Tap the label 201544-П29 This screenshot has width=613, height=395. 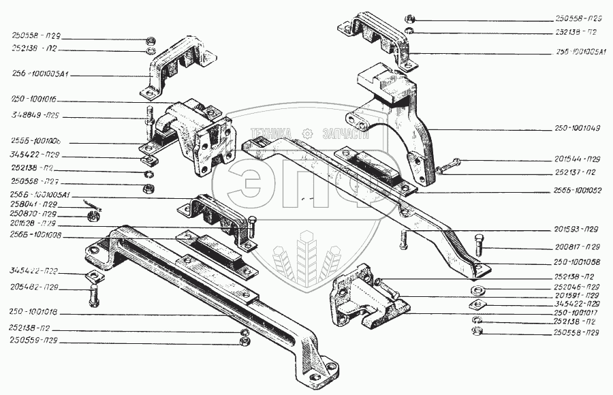pyautogui.click(x=576, y=159)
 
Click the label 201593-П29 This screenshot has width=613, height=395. pyautogui.click(x=576, y=229)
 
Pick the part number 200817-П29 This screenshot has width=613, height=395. pyautogui.click(x=576, y=247)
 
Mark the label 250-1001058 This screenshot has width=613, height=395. pyautogui.click(x=576, y=262)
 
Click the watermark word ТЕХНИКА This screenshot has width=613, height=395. pyautogui.click(x=271, y=133)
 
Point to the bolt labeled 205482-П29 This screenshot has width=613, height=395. pyautogui.click(x=94, y=296)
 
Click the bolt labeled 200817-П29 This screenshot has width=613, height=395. pyautogui.click(x=478, y=243)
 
